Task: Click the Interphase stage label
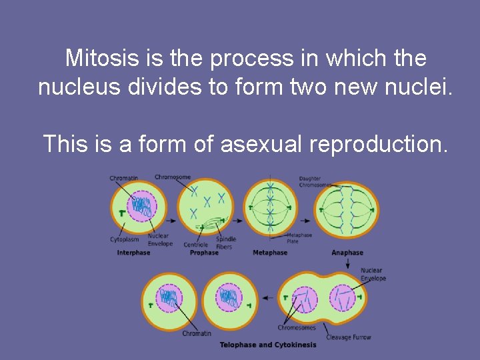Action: click(133, 253)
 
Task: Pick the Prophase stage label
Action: click(204, 253)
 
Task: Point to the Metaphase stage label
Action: click(270, 253)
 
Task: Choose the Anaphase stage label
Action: click(347, 253)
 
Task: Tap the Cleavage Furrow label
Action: click(348, 337)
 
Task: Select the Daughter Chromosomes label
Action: click(314, 181)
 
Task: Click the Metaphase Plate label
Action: click(299, 238)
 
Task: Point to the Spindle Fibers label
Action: click(225, 243)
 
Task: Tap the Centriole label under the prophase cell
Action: click(196, 245)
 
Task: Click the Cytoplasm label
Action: click(123, 239)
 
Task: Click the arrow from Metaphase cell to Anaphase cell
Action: click(305, 221)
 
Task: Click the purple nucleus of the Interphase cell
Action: click(141, 207)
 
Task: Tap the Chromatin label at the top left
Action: click(123, 178)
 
